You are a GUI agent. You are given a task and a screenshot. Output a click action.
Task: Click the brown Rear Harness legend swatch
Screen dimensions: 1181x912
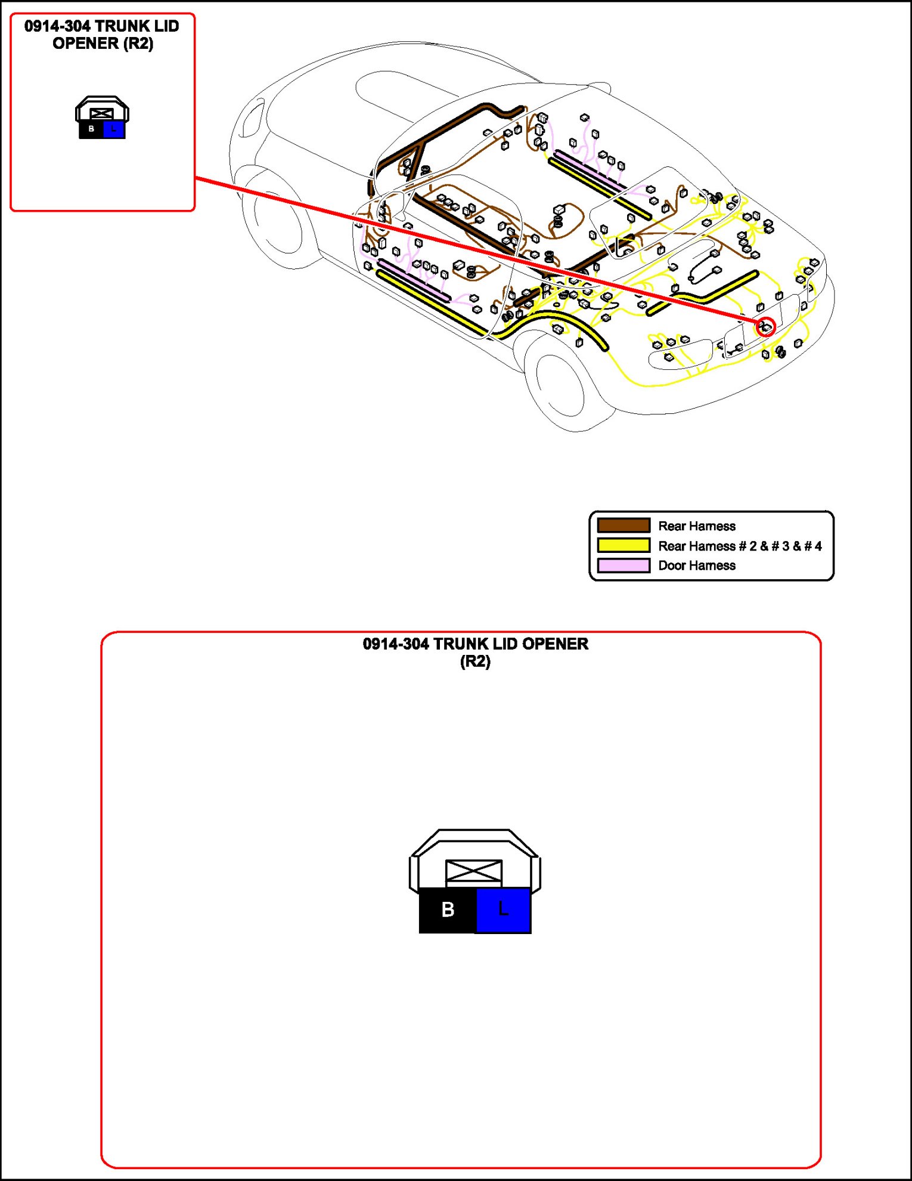(623, 525)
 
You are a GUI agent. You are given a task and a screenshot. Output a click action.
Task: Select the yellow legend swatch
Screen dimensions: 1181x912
(623, 545)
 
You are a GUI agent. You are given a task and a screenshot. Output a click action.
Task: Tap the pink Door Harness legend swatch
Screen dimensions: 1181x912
(623, 565)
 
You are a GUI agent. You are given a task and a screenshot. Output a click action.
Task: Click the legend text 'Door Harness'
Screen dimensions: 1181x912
(696, 565)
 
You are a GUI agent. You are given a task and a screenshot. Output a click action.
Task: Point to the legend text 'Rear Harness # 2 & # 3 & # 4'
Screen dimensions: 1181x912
(740, 546)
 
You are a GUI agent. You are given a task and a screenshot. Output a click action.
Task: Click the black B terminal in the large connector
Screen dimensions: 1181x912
(448, 910)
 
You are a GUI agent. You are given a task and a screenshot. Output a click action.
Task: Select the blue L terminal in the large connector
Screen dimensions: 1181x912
(504, 910)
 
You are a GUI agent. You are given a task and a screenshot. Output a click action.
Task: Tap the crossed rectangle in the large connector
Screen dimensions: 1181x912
(474, 871)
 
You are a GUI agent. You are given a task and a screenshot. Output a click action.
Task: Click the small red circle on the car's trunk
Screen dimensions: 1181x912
(766, 327)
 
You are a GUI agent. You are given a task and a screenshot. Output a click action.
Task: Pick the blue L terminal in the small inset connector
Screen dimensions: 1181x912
(114, 129)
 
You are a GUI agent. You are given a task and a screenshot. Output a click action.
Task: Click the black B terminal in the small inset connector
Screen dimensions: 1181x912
(91, 129)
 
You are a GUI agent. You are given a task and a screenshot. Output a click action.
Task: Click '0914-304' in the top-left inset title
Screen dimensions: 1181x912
(57, 26)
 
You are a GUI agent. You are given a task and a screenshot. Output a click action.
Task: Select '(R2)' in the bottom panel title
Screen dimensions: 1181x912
(475, 661)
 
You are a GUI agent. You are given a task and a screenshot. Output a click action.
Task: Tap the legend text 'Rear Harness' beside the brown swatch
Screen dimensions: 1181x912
(696, 526)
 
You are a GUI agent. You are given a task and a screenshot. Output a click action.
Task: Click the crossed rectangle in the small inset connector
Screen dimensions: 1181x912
(102, 113)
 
